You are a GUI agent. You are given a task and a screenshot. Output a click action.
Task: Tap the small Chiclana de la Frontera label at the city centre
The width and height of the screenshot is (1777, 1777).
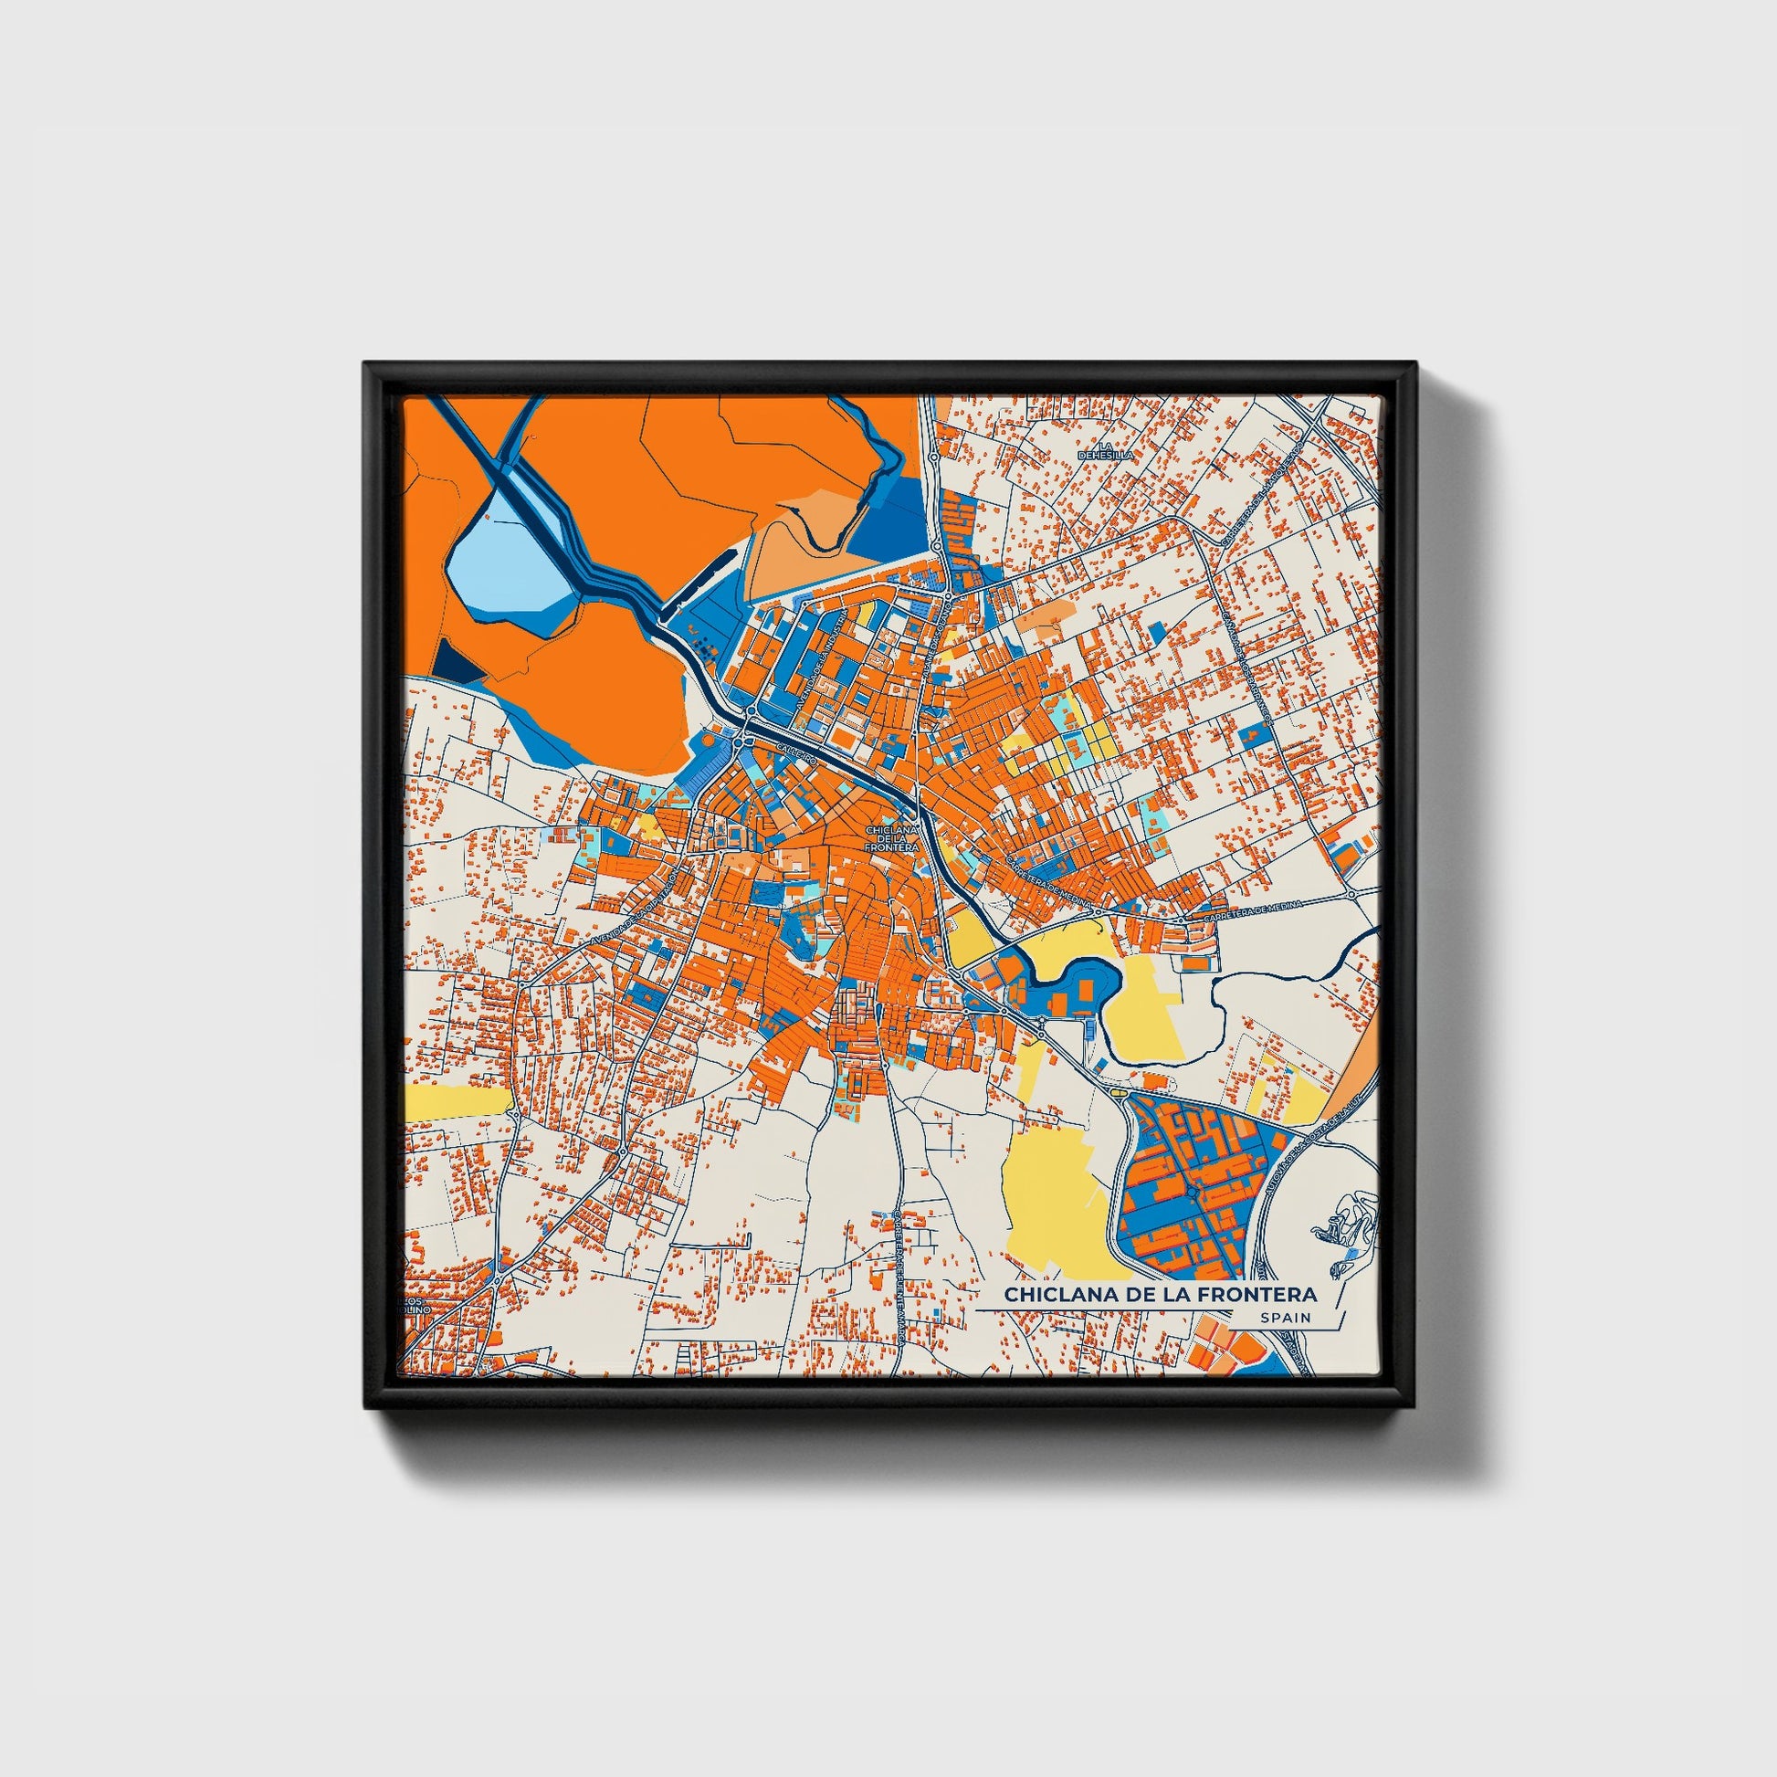click(891, 838)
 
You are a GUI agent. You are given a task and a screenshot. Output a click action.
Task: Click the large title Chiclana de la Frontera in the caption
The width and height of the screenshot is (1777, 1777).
click(1160, 1294)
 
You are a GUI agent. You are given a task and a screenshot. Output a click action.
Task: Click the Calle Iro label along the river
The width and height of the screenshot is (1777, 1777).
click(796, 752)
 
